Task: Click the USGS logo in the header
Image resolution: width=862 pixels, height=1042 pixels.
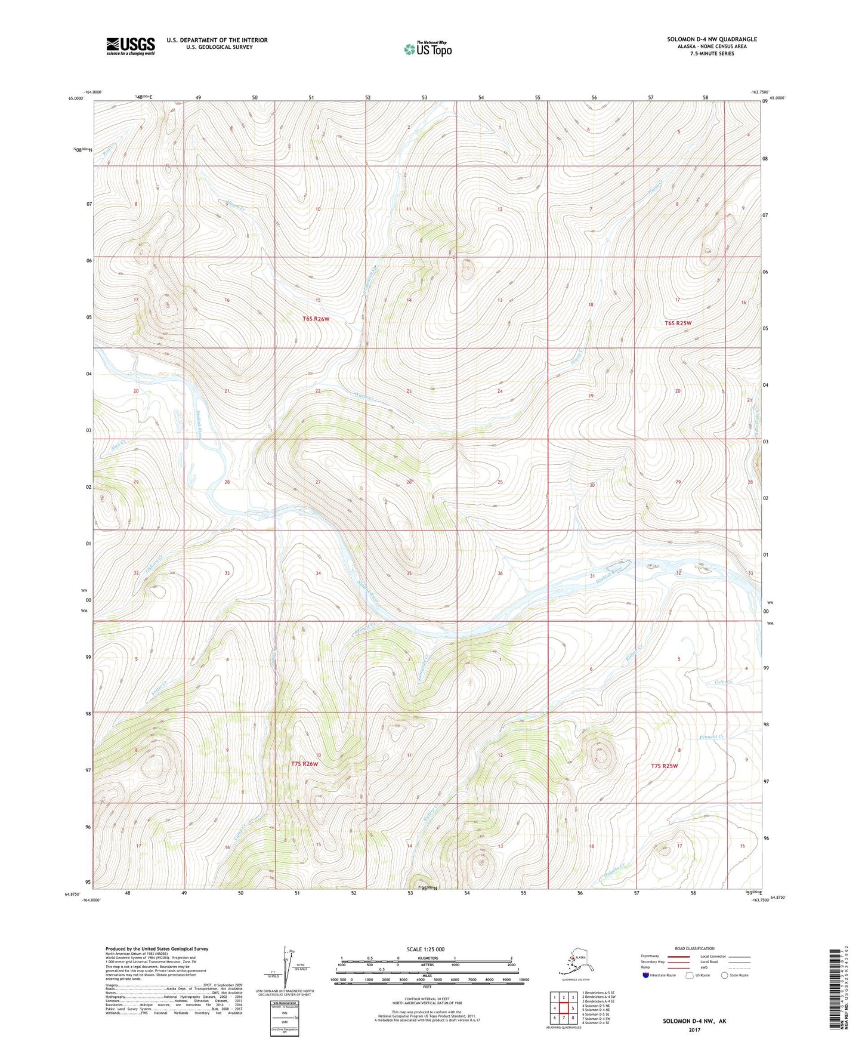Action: tap(130, 46)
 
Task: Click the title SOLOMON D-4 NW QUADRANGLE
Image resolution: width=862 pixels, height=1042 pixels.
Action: tap(712, 39)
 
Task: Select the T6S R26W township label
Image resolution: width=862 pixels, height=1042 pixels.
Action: tap(316, 319)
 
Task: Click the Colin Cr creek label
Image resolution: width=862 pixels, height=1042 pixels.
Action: tap(722, 682)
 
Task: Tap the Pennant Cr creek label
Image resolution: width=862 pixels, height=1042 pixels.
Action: tap(712, 738)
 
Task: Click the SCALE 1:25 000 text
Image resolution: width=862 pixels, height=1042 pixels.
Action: tap(425, 949)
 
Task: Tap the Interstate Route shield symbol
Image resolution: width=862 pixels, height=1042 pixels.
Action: tap(646, 975)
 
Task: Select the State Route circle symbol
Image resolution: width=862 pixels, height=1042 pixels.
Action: tap(724, 975)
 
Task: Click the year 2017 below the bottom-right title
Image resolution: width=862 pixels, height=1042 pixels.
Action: tap(694, 1029)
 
